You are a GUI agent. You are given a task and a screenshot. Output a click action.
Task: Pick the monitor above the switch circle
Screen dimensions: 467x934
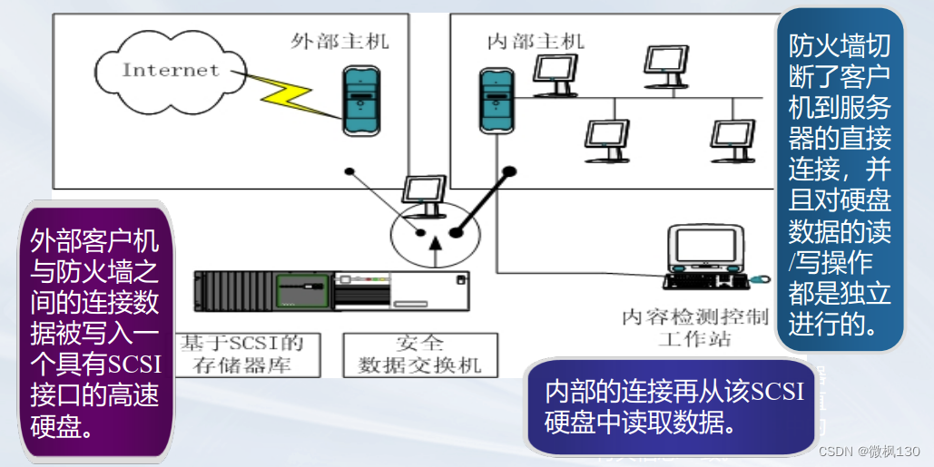pos(423,193)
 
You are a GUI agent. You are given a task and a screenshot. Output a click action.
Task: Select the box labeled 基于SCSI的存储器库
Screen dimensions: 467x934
pos(248,355)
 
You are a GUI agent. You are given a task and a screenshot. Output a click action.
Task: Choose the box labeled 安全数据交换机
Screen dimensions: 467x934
pos(420,355)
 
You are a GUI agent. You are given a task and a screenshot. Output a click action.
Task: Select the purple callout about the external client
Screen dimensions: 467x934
pos(96,331)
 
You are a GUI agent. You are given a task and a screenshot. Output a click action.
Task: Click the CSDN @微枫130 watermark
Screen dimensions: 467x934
pos(870,452)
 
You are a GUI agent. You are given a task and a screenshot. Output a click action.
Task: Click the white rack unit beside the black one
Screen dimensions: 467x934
pos(403,292)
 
